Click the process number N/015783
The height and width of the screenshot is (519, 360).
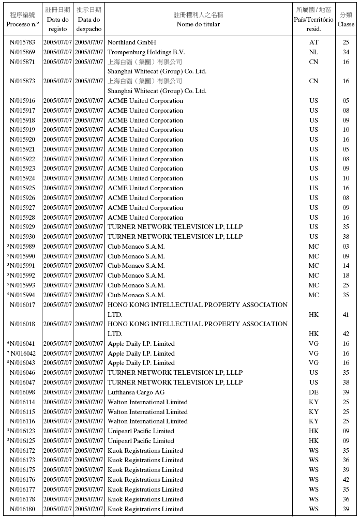pyautogui.click(x=23, y=42)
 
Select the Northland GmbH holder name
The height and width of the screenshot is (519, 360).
pyautogui.click(x=131, y=42)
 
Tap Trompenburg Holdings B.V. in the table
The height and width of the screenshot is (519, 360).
pyautogui.click(x=146, y=52)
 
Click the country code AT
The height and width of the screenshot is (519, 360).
pyautogui.click(x=313, y=42)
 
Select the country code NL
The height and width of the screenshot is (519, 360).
pyautogui.click(x=313, y=52)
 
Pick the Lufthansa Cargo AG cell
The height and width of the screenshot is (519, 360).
pyautogui.click(x=136, y=392)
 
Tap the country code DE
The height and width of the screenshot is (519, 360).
pyautogui.click(x=313, y=392)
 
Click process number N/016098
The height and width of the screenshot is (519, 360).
pyautogui.click(x=23, y=392)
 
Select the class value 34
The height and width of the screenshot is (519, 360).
pyautogui.click(x=346, y=52)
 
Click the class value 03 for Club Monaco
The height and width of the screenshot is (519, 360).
pyautogui.click(x=346, y=247)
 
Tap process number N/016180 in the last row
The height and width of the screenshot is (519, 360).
pyautogui.click(x=23, y=509)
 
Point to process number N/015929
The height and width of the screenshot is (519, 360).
pyautogui.click(x=23, y=227)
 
